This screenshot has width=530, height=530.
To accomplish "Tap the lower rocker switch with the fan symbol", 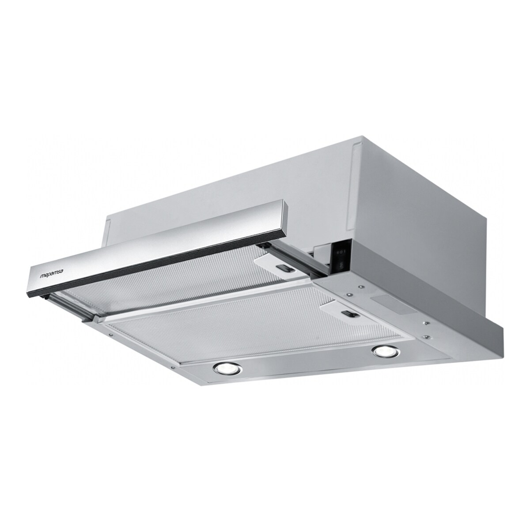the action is click(341, 265).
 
